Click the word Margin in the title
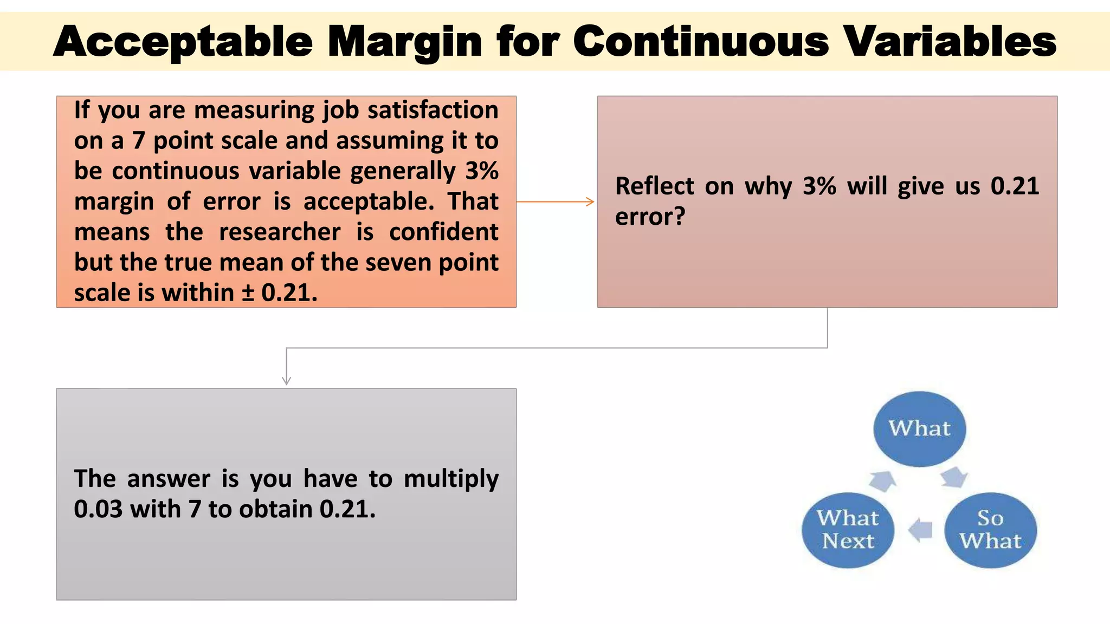(404, 42)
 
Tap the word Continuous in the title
(700, 42)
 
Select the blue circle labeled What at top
(919, 428)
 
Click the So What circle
(990, 530)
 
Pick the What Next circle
(848, 530)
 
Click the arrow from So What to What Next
(920, 530)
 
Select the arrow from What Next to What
(883, 480)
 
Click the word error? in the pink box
(650, 217)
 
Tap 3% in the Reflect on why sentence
(819, 186)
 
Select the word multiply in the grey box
(451, 479)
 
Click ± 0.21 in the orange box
(279, 293)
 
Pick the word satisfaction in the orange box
(433, 110)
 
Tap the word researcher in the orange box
(280, 232)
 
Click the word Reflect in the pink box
(654, 186)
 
